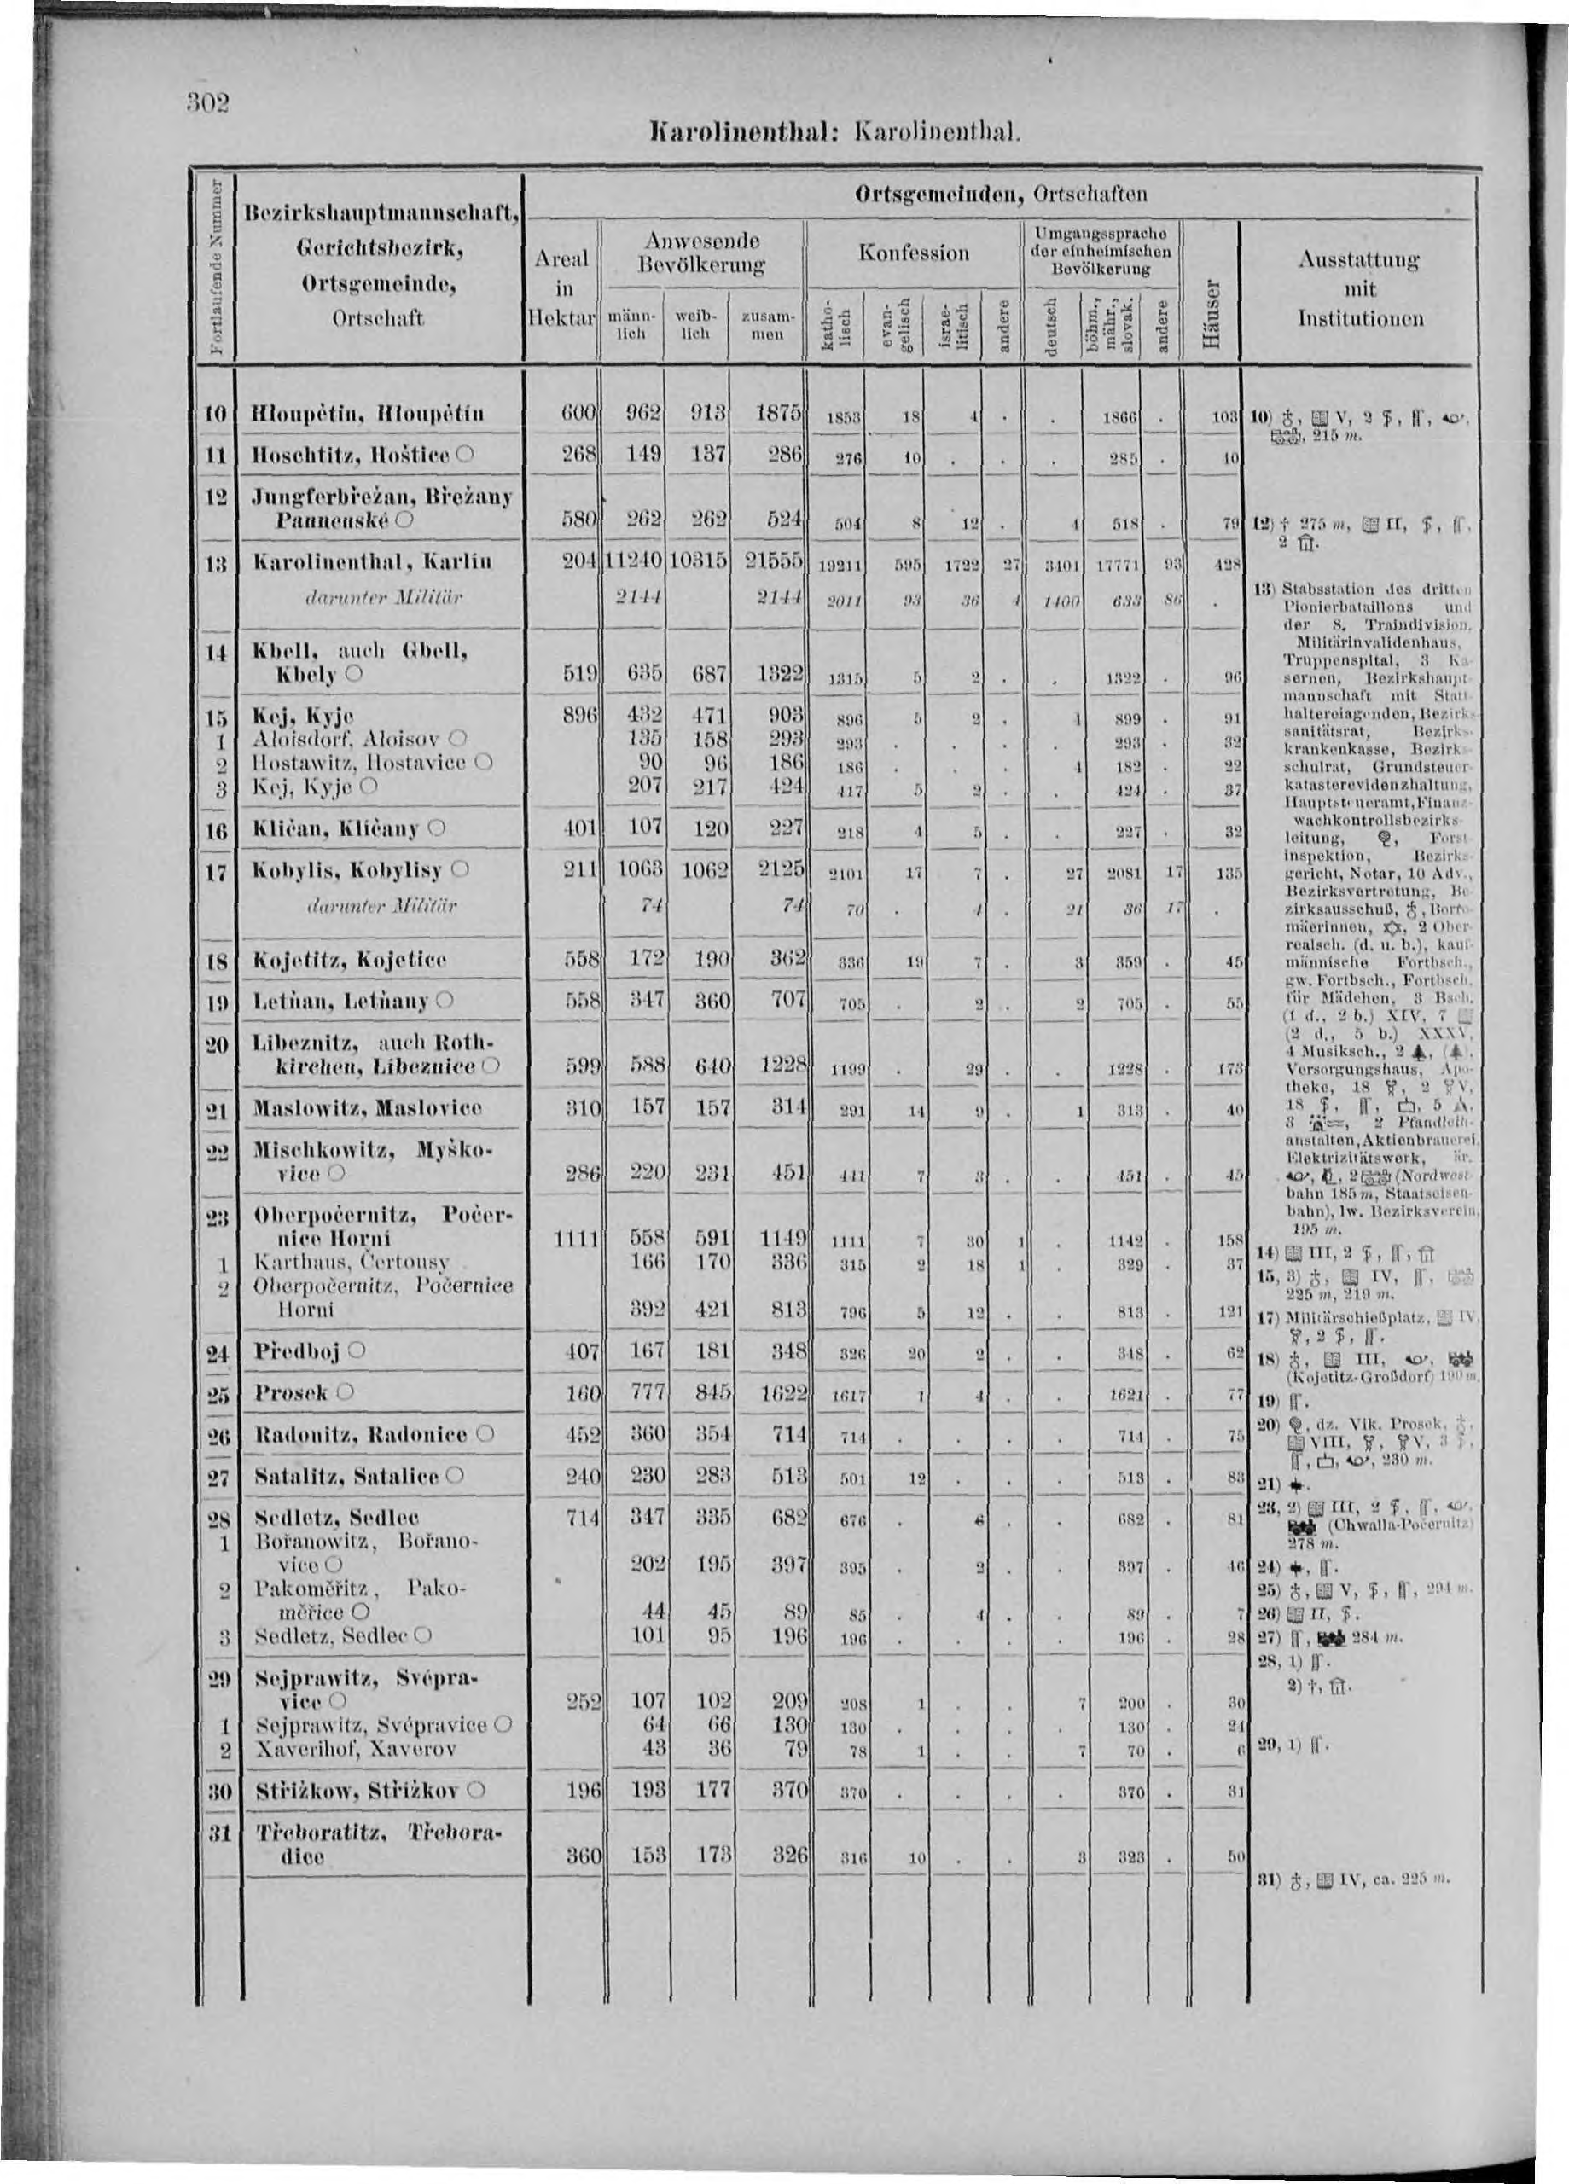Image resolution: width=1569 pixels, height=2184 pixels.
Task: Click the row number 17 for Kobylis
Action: (217, 872)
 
